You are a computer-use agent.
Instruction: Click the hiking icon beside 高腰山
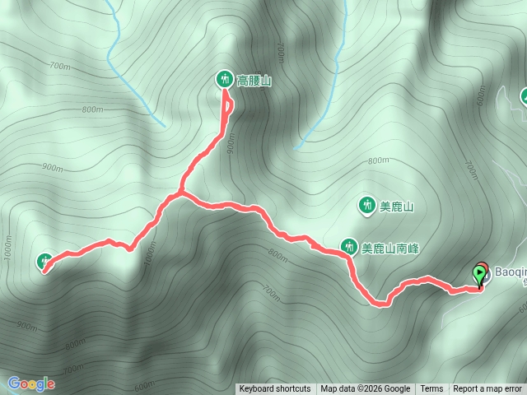coord(224,80)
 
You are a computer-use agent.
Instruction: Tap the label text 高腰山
coord(254,81)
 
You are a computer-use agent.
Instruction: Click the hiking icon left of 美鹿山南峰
coord(349,246)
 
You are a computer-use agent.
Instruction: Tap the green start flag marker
coord(479,275)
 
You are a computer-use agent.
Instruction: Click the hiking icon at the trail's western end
coord(45,262)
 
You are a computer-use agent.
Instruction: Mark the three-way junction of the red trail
coord(180,194)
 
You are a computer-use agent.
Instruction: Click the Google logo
coord(31,383)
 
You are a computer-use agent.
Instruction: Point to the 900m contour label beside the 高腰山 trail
coord(231,145)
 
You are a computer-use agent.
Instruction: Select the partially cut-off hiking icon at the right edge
coord(524,97)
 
